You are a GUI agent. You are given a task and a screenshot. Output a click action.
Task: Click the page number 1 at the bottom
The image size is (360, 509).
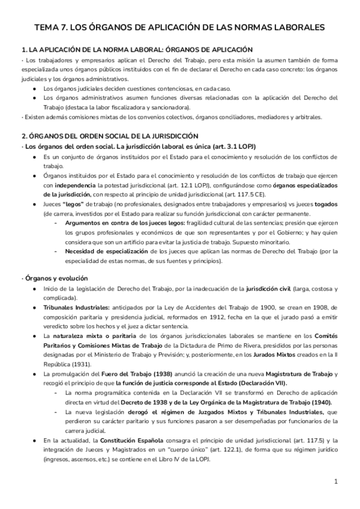tap(337, 481)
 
